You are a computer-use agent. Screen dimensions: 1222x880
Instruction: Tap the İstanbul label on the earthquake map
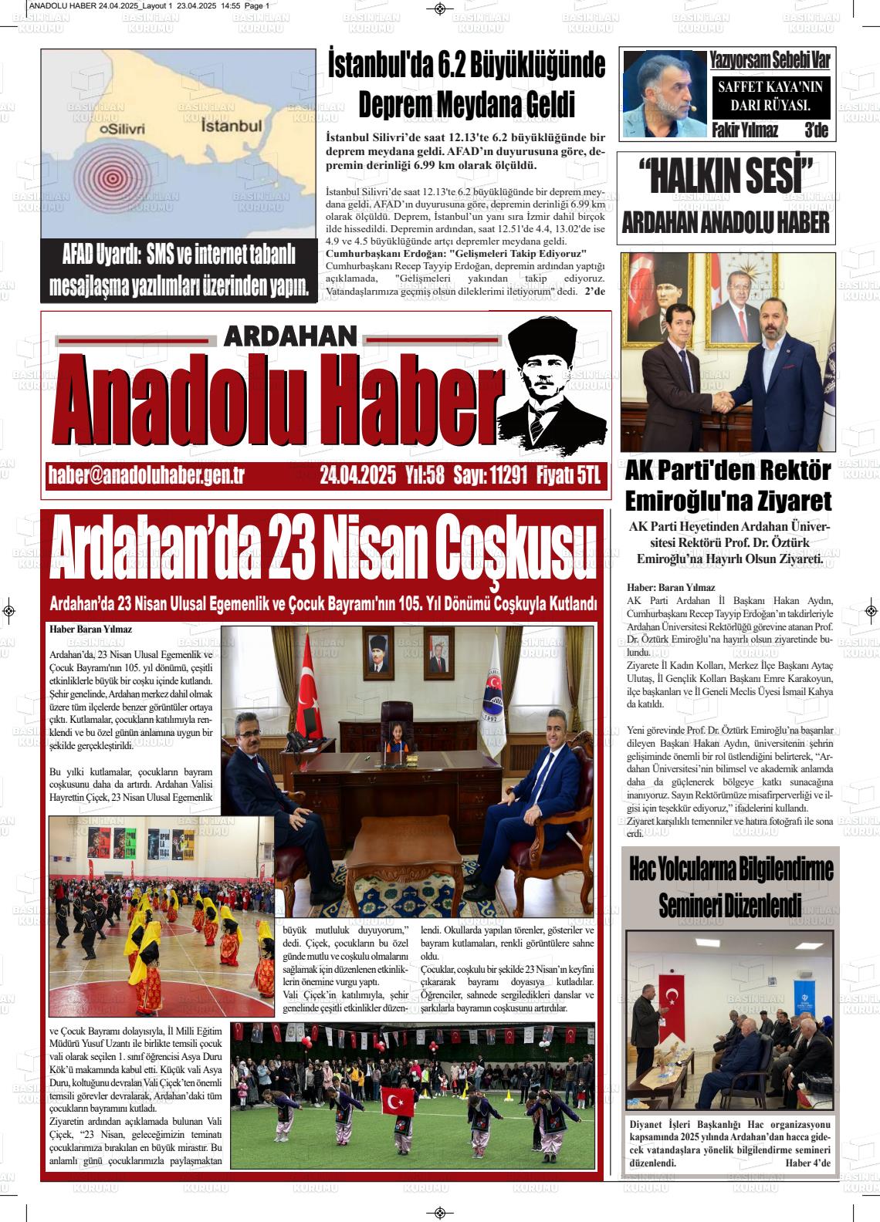(232, 125)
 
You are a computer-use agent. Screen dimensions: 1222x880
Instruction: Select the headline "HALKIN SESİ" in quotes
(725, 178)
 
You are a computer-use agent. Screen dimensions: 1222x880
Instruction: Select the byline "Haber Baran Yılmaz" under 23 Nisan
(90, 630)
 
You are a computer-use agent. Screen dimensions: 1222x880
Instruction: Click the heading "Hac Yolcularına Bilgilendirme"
(731, 868)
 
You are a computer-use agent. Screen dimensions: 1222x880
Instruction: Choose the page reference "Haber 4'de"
(807, 1163)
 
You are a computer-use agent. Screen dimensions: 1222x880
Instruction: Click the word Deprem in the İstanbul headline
(394, 104)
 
